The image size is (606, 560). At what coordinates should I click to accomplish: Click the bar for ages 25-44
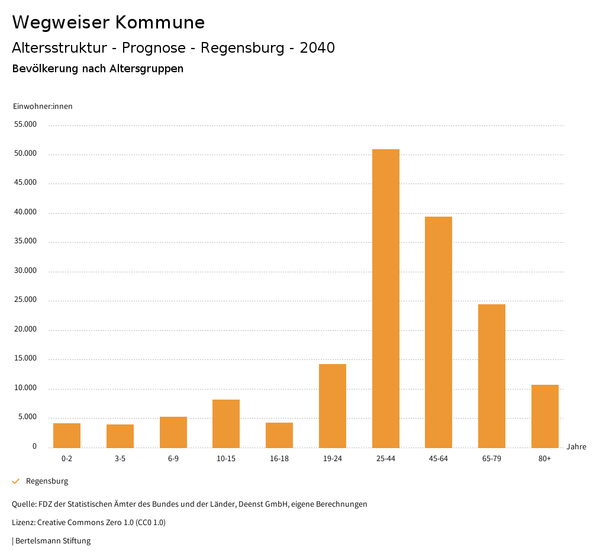[385, 298]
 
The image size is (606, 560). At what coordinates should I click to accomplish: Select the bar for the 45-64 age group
[439, 332]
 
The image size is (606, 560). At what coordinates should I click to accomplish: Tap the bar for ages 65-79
[492, 376]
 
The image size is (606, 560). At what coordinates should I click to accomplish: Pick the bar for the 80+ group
[544, 416]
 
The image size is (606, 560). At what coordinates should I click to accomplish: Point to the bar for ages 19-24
[333, 405]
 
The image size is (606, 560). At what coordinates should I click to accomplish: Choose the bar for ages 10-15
[226, 423]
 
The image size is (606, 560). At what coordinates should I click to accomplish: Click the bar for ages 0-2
[67, 435]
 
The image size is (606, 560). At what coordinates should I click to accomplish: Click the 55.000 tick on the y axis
[25, 124]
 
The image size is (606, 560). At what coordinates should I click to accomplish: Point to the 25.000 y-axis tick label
[25, 300]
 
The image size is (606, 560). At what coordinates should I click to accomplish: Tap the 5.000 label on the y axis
[27, 417]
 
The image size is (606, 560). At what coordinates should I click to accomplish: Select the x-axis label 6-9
[173, 459]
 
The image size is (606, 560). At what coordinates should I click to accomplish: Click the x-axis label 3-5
[120, 459]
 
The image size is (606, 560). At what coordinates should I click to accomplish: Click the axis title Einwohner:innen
[43, 107]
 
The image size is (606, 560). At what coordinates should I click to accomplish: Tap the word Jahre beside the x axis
[576, 446]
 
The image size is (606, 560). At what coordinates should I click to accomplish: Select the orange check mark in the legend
[16, 481]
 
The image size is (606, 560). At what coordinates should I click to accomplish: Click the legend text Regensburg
[47, 481]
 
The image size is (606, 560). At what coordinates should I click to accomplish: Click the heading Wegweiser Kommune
[108, 22]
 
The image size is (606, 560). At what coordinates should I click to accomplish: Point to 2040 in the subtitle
[317, 48]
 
